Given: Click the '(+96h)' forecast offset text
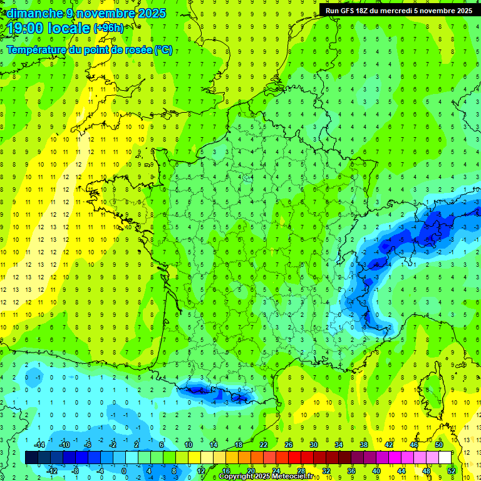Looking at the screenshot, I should point(108,28).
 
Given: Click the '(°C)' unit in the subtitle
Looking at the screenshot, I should point(163,50).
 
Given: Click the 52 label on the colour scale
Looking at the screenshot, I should point(452,470).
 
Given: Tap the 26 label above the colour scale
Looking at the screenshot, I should point(289,445).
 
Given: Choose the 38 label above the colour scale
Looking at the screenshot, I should point(364,445).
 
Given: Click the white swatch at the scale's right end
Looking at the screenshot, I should point(445,457).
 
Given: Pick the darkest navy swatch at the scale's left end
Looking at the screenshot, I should point(31,457).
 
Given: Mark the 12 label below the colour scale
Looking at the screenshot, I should point(200,470).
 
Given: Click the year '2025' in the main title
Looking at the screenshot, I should point(150,13).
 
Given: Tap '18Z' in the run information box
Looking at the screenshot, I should point(363,10).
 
